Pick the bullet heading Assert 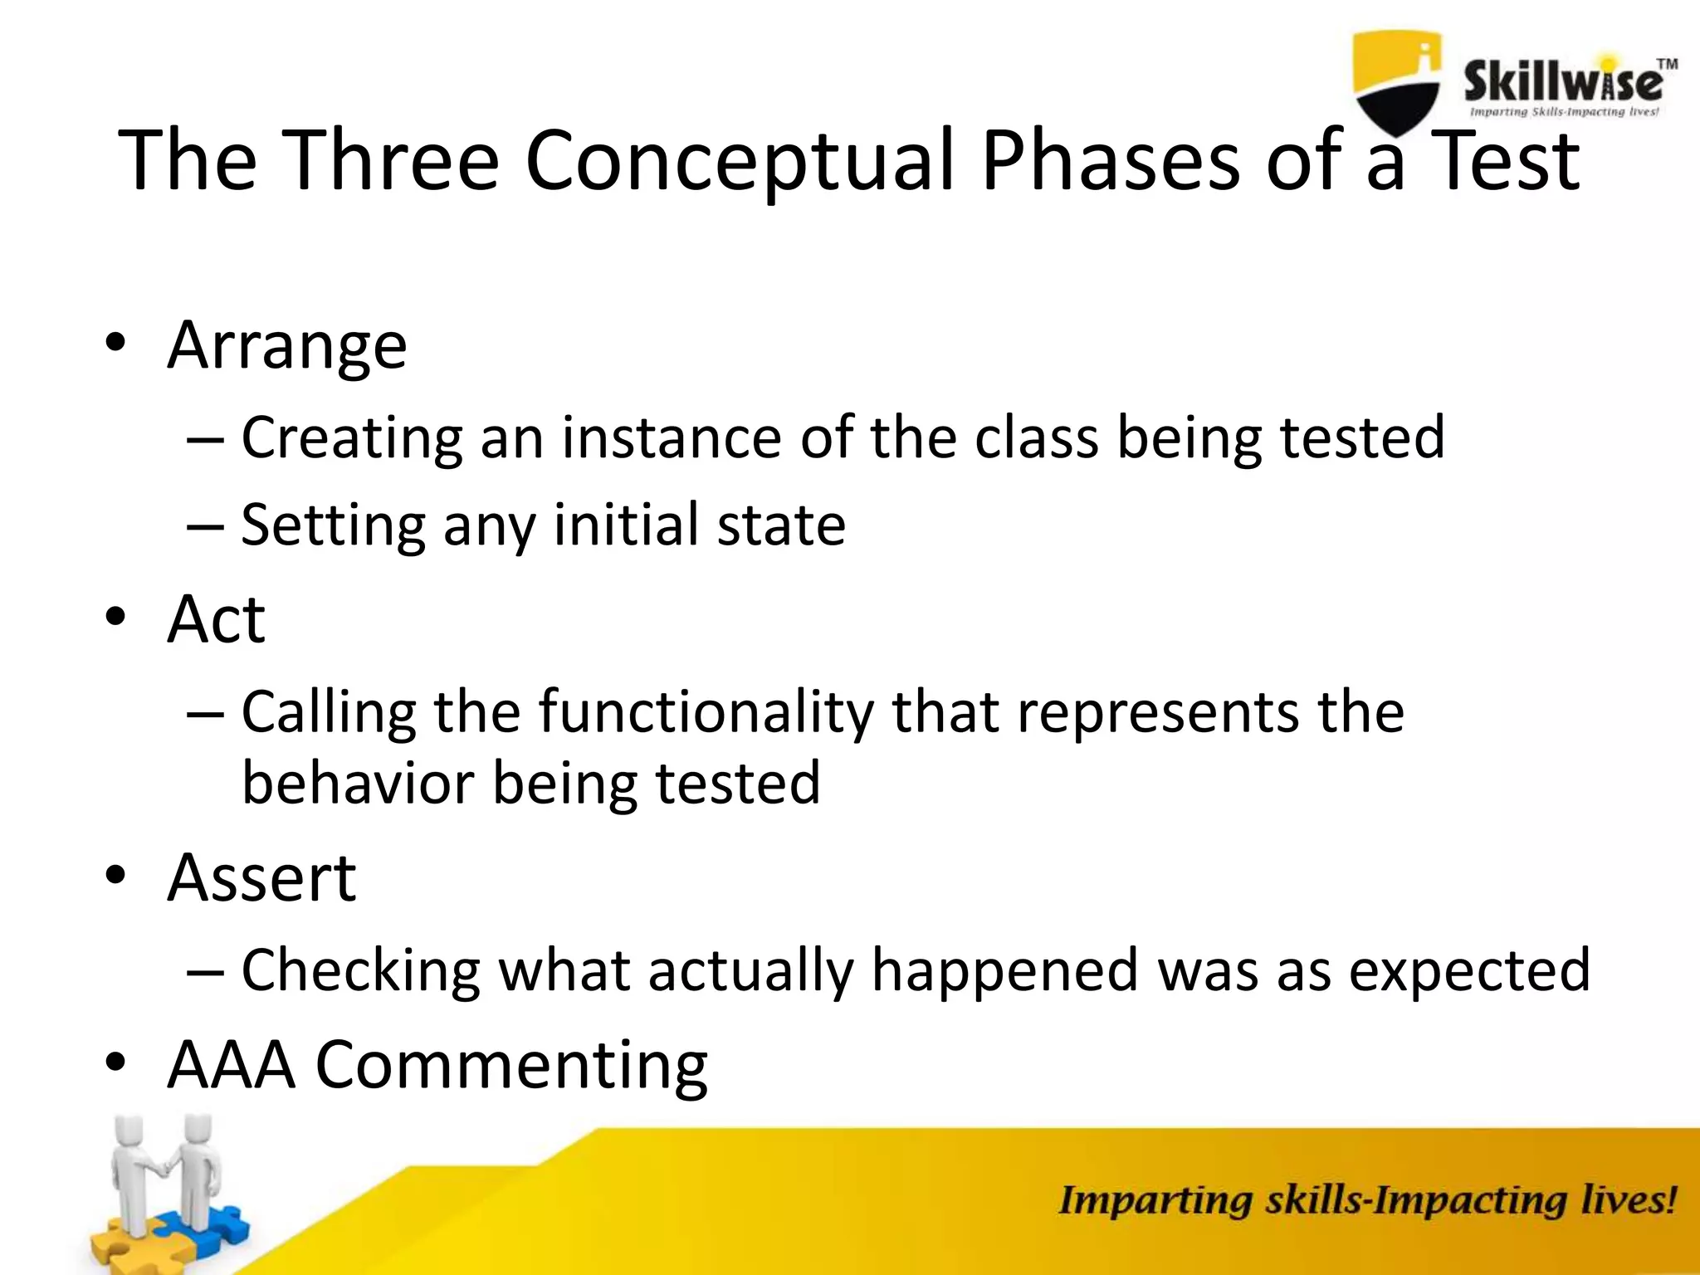tap(261, 877)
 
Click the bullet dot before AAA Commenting tap(115, 1063)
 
